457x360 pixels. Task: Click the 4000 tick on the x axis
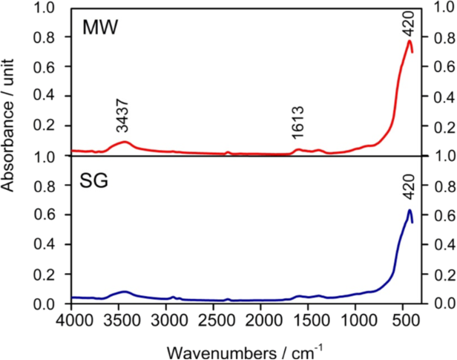point(73,320)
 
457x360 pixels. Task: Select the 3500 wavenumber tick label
point(120,320)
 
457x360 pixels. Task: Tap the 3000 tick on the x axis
point(168,320)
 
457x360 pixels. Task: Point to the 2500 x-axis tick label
point(215,320)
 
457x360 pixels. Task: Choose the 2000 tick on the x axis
point(263,320)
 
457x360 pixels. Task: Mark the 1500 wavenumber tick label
point(310,320)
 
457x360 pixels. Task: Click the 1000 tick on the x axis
point(358,320)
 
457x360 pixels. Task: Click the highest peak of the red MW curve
point(409,41)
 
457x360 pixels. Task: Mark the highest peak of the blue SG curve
point(409,210)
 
